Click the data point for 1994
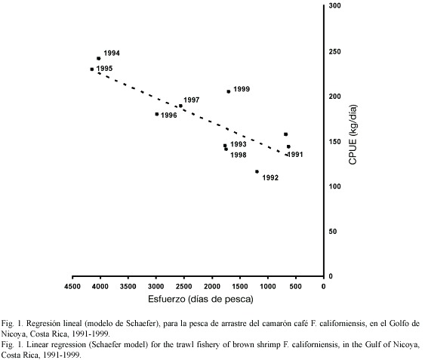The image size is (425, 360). [x=99, y=59]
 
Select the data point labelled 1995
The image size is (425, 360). [x=92, y=69]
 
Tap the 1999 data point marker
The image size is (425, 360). [x=229, y=91]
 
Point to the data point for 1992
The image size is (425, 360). [x=257, y=171]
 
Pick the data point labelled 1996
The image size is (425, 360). [x=157, y=114]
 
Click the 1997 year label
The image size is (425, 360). [x=192, y=100]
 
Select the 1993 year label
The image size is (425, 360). [x=239, y=144]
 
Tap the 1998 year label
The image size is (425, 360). [x=239, y=155]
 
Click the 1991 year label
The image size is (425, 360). [x=295, y=155]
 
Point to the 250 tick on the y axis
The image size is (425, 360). [x=334, y=51]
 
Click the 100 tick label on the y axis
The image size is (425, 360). [x=334, y=186]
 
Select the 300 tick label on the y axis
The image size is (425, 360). [x=334, y=6]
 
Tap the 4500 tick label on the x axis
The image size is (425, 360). [x=72, y=287]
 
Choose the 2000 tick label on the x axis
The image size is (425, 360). [x=212, y=287]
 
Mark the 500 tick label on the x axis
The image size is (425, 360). [x=295, y=287]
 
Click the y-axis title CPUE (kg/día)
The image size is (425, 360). [x=353, y=134]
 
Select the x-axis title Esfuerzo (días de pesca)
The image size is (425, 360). [x=201, y=300]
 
